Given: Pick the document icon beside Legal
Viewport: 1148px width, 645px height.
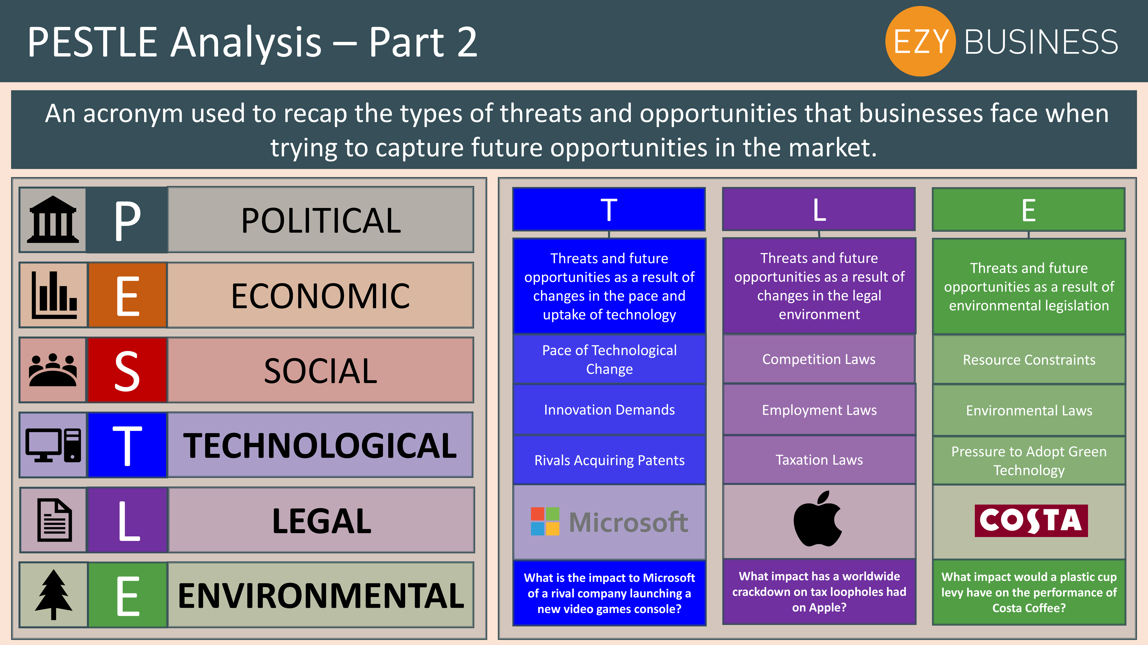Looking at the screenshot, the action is [x=54, y=520].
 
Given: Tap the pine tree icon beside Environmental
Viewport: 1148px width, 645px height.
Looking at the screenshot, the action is [x=53, y=595].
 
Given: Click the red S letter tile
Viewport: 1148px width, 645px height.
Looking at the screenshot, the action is [x=127, y=370].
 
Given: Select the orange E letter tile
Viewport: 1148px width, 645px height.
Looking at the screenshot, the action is [x=127, y=295].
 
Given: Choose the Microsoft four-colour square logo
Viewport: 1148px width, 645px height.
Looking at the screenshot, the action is [x=545, y=521].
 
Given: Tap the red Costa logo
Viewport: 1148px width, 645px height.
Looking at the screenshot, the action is [x=1031, y=520].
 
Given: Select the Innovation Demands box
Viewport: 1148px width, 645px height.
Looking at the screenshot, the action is [x=609, y=410].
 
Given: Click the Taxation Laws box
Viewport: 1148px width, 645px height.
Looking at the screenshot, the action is [x=819, y=460].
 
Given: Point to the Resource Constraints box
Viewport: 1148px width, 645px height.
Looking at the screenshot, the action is [x=1029, y=360].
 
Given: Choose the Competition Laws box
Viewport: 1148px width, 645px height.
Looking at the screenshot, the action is [x=819, y=359].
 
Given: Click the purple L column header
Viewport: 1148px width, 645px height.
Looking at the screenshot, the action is [x=819, y=209].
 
